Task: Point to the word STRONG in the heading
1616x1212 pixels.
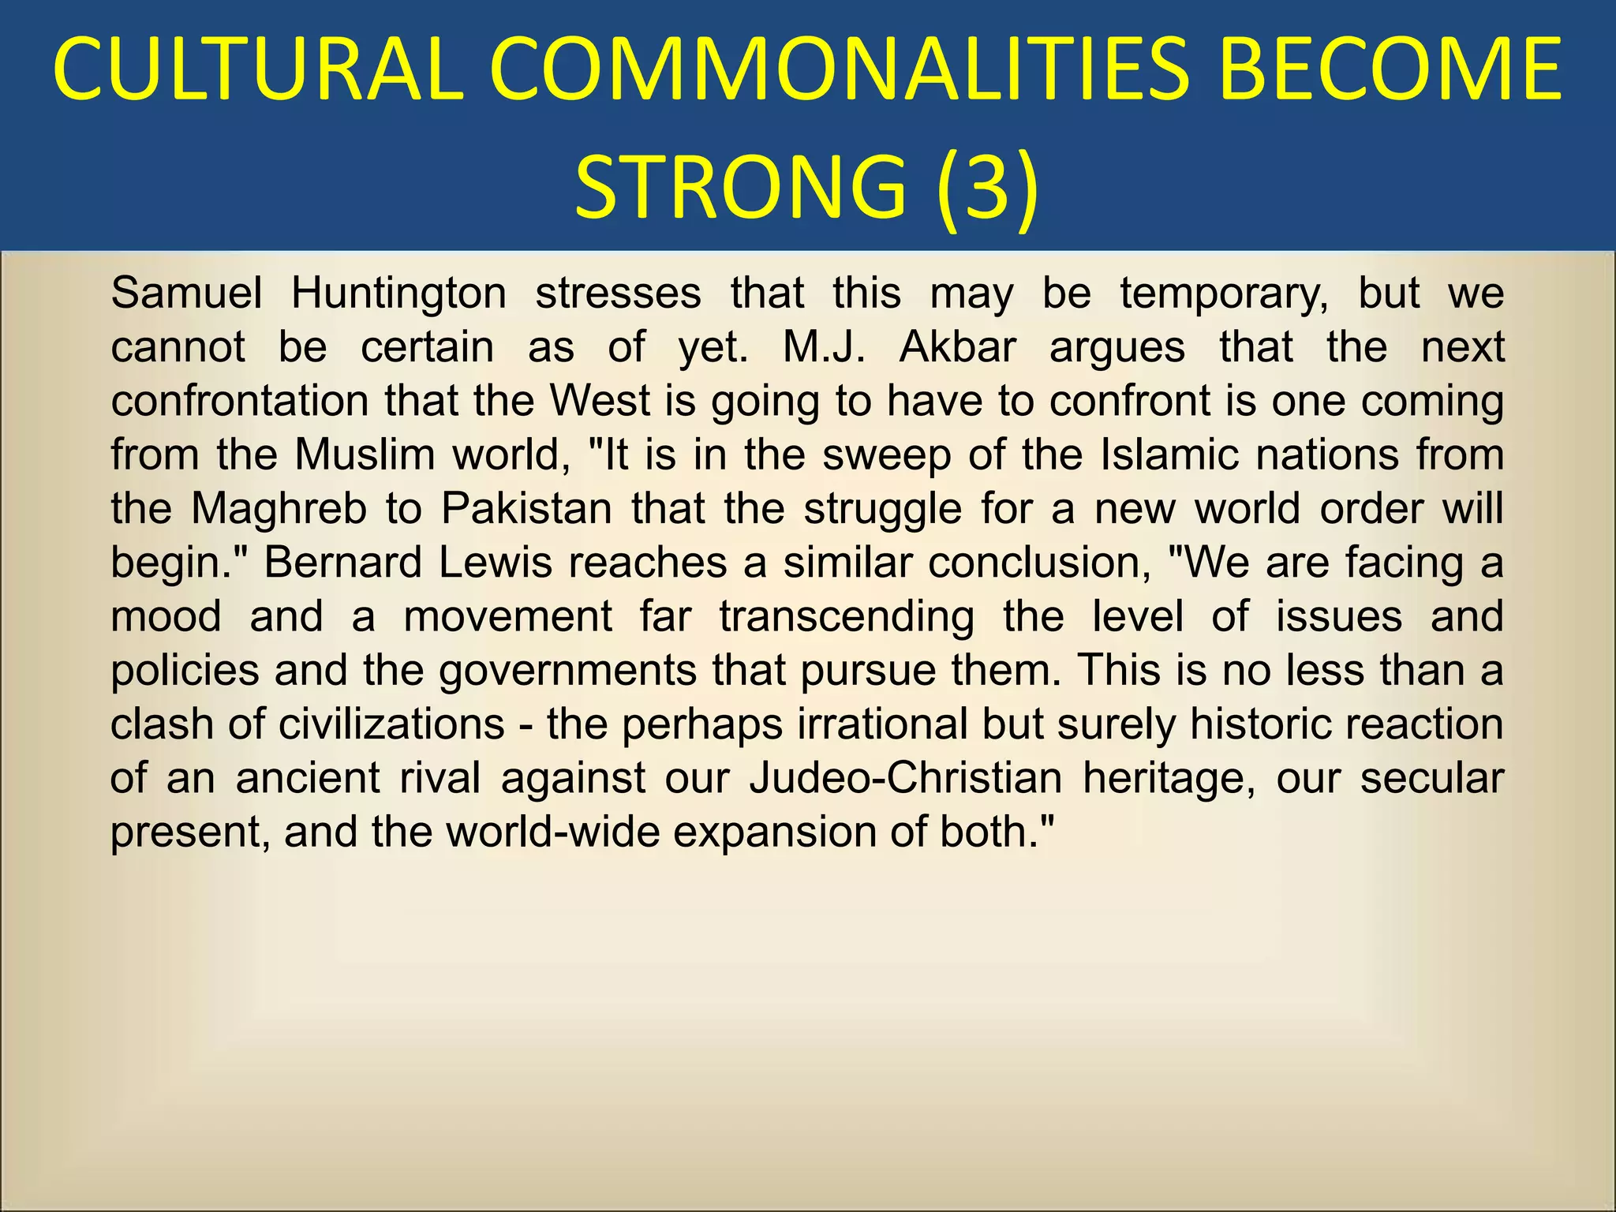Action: click(740, 188)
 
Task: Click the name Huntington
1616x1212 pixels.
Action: click(398, 294)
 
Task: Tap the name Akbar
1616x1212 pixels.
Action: click(957, 347)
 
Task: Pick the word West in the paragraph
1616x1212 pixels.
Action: click(600, 401)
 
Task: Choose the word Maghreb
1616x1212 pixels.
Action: click(279, 509)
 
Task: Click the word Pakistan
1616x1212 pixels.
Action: click(526, 509)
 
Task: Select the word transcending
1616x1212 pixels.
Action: click(847, 616)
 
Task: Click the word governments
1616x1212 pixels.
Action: click(567, 671)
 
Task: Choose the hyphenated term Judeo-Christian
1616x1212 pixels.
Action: click(906, 778)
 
